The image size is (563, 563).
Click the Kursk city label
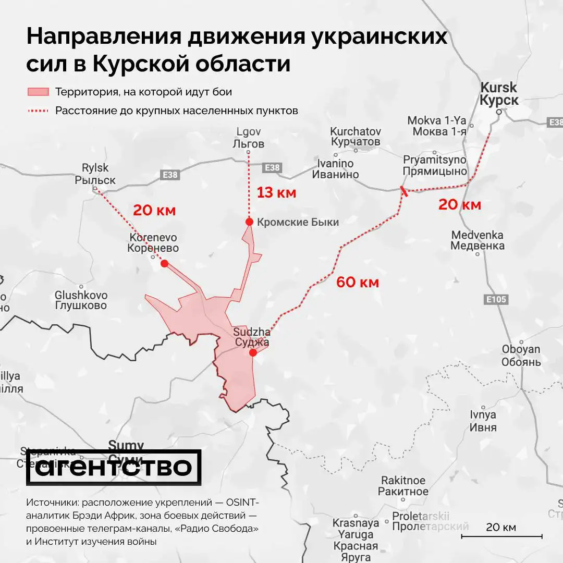point(499,94)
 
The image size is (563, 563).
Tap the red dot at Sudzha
point(253,353)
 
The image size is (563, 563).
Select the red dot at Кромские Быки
point(249,222)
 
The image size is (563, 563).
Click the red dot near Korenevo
point(164,264)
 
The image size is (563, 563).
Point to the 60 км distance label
point(357,283)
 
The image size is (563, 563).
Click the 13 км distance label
point(276,192)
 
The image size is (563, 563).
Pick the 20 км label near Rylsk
point(154,211)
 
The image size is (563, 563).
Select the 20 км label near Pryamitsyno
point(459,204)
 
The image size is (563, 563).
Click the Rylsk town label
point(95,174)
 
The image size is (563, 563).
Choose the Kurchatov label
point(356,137)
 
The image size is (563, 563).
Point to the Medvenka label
point(478,240)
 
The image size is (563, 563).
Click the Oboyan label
point(521,355)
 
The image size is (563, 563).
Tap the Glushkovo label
point(81,301)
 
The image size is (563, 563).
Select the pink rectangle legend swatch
point(38,92)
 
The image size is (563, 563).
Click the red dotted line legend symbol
point(38,111)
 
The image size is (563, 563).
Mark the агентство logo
point(114,467)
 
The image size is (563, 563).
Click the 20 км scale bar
point(501,535)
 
